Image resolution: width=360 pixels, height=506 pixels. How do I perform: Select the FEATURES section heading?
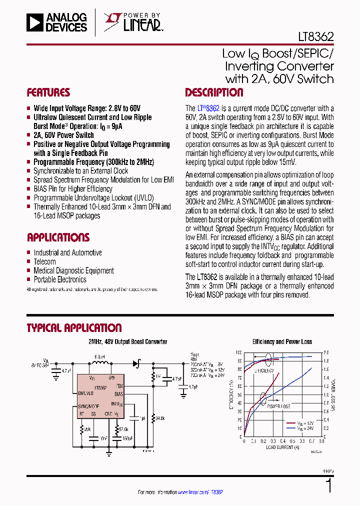[x=48, y=92]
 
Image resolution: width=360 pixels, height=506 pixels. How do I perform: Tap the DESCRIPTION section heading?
[x=214, y=92]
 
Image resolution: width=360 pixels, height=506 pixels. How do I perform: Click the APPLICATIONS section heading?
[x=58, y=237]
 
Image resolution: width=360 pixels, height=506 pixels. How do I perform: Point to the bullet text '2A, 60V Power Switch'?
[x=63, y=135]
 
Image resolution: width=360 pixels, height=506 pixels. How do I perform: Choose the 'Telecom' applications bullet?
[x=44, y=261]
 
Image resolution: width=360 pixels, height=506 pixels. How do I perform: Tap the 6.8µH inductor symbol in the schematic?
[x=99, y=363]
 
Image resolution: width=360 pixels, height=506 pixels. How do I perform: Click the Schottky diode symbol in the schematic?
[x=136, y=363]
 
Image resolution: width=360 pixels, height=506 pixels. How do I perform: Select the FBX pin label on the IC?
[x=119, y=386]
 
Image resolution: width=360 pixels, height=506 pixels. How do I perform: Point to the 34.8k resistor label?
[x=160, y=417]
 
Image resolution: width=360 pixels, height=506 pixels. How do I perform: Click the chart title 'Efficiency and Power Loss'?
[x=282, y=342]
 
